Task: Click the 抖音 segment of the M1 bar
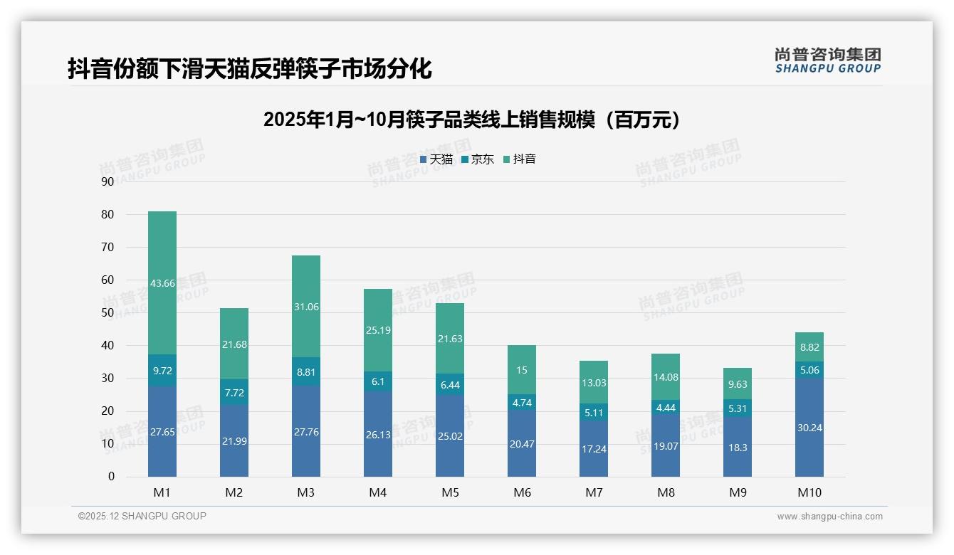pos(162,282)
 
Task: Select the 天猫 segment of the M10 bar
pos(809,427)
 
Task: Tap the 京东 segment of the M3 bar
pos(305,371)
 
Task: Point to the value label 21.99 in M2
pos(234,442)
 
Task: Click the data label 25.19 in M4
pos(377,330)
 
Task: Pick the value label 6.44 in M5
pos(449,384)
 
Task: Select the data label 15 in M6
pos(522,370)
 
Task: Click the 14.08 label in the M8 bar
pos(666,377)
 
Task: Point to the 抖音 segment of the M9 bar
pos(738,384)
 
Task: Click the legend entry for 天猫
pos(436,159)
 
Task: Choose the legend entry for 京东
pos(478,159)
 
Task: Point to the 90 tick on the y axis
pos(108,181)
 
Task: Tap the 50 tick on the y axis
pos(108,313)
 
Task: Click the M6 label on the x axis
pos(522,492)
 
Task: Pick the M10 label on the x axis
pos(809,492)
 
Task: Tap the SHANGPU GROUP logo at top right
pos(827,60)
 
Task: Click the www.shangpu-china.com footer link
pos(829,517)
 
